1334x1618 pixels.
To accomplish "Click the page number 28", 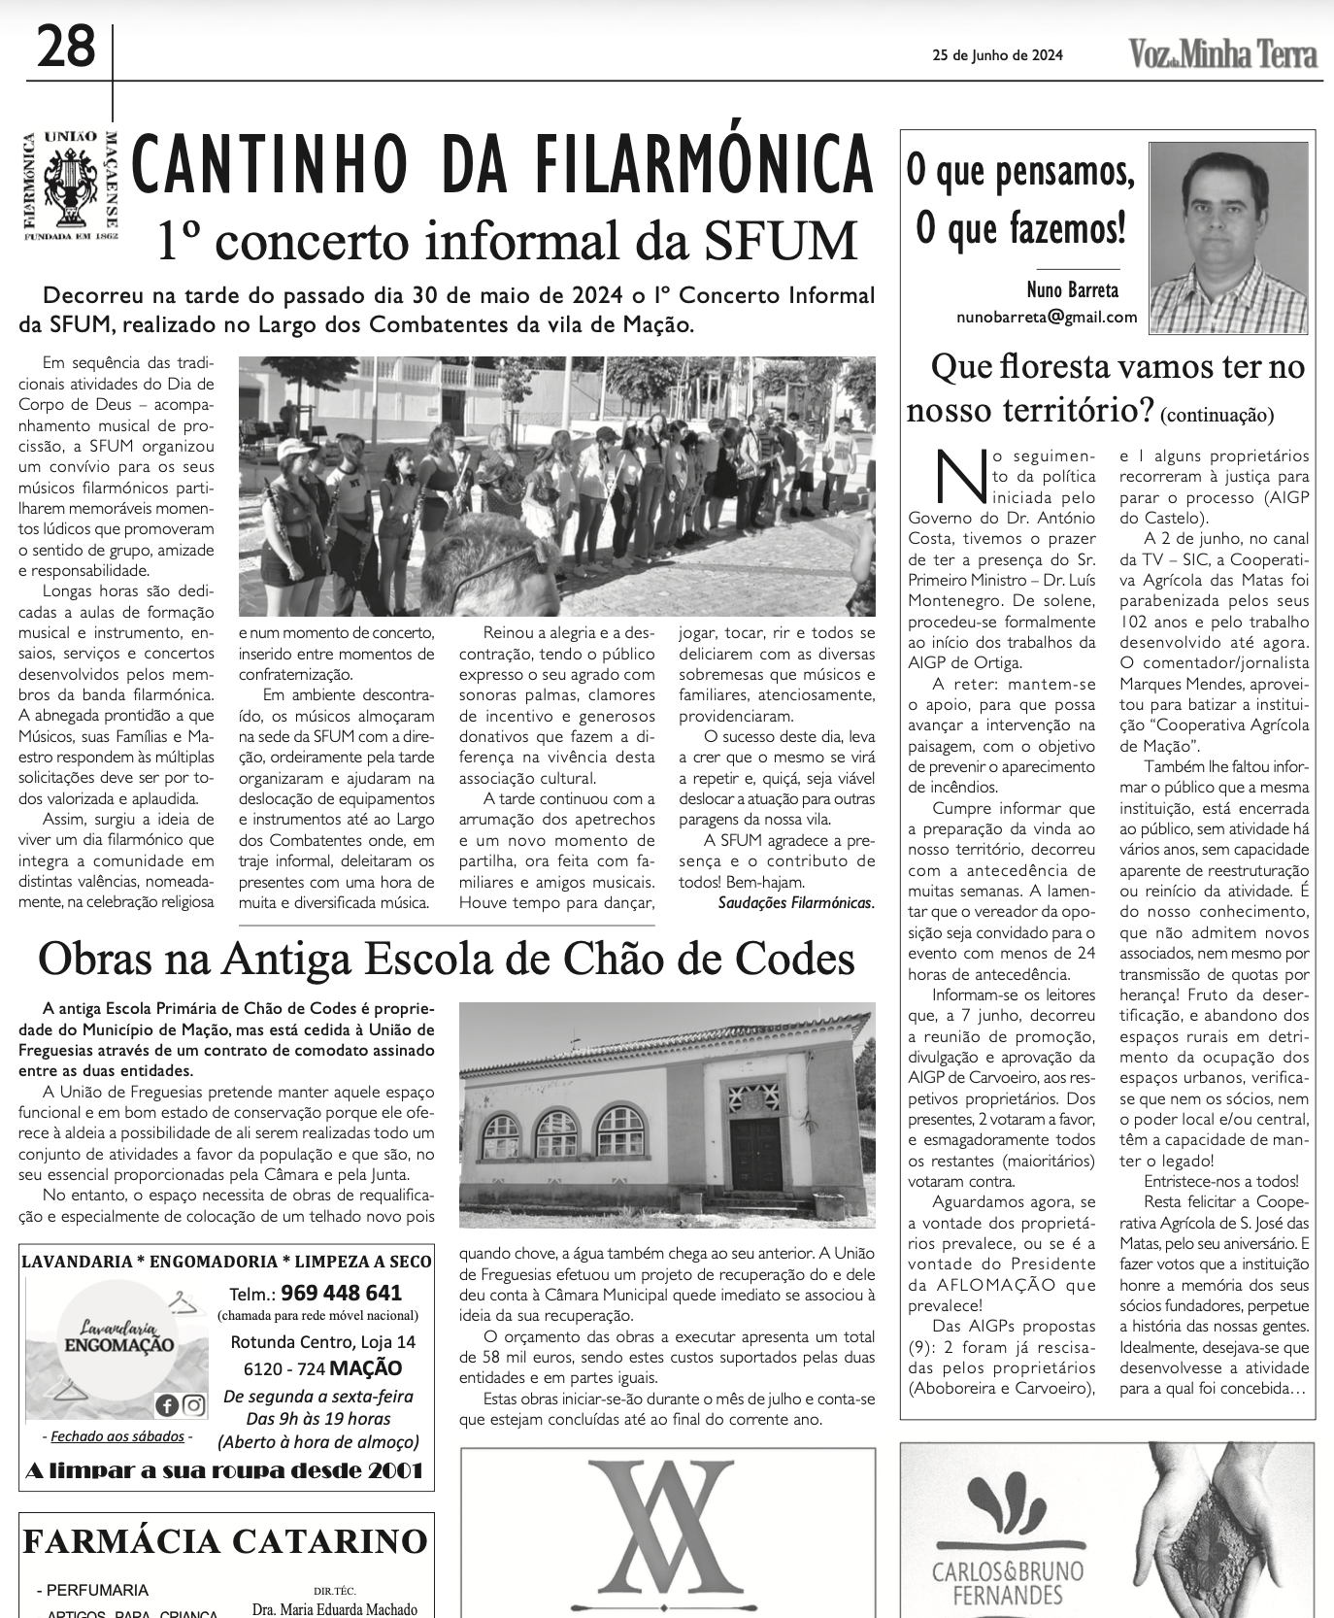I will coord(67,47).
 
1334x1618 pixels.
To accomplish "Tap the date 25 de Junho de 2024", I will coord(998,55).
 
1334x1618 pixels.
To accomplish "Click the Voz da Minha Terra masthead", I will coord(1223,54).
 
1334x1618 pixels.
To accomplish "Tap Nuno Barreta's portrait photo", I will coord(1228,238).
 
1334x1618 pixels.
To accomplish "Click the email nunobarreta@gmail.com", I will coord(1047,317).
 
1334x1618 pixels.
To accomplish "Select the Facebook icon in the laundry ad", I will coord(166,1404).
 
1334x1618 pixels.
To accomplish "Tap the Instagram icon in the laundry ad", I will coord(193,1404).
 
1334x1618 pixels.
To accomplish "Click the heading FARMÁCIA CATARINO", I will coord(224,1541).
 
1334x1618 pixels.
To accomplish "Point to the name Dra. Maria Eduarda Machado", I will coord(334,1609).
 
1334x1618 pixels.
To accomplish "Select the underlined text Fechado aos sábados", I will coord(117,1436).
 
